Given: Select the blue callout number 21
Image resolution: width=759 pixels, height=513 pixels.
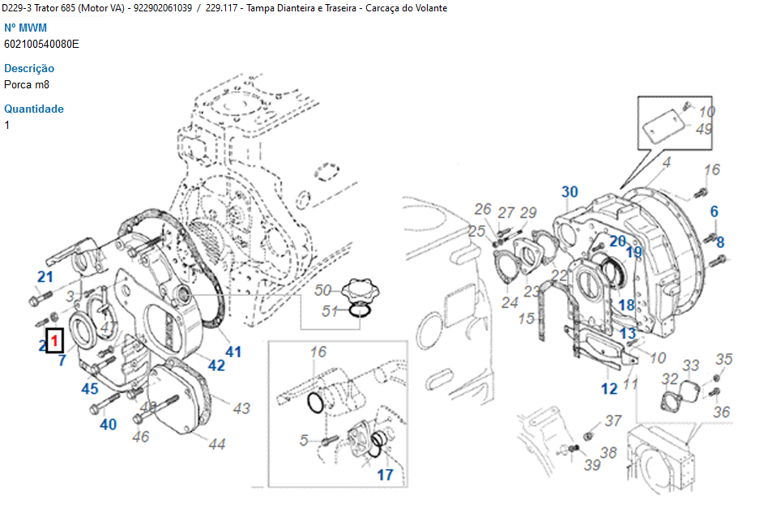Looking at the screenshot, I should coord(45,277).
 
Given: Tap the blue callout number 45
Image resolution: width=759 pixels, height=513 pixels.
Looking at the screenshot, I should coord(90,389).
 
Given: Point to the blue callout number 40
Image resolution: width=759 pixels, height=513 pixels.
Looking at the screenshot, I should coord(108,423).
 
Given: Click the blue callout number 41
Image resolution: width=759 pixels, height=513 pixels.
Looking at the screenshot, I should coord(233,352).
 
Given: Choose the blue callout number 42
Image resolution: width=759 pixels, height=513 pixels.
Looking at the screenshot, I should coord(216,365).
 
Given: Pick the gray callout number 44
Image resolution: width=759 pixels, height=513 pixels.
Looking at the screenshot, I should coord(216,443).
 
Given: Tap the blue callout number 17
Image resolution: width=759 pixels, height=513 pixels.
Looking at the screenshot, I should coord(386,474).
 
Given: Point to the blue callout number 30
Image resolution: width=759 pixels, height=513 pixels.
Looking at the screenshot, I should coord(570,192).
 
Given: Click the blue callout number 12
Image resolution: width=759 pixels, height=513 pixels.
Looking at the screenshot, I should coord(609,389).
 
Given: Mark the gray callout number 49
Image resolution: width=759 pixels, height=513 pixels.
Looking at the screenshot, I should coord(704,129).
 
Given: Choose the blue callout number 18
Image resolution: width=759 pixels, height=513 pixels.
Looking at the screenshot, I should coord(627,305).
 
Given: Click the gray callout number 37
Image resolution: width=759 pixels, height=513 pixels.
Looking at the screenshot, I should coord(613,421).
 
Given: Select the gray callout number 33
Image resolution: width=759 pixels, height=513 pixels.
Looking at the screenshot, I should coord(690,366).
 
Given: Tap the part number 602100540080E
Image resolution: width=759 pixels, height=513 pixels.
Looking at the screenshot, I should coord(41,45).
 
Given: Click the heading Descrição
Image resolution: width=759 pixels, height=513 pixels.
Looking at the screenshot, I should coord(29,69).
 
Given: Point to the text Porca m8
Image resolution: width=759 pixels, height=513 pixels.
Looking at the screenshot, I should coord(27,84).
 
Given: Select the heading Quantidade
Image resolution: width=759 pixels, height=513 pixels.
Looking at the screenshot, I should coord(34,109).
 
